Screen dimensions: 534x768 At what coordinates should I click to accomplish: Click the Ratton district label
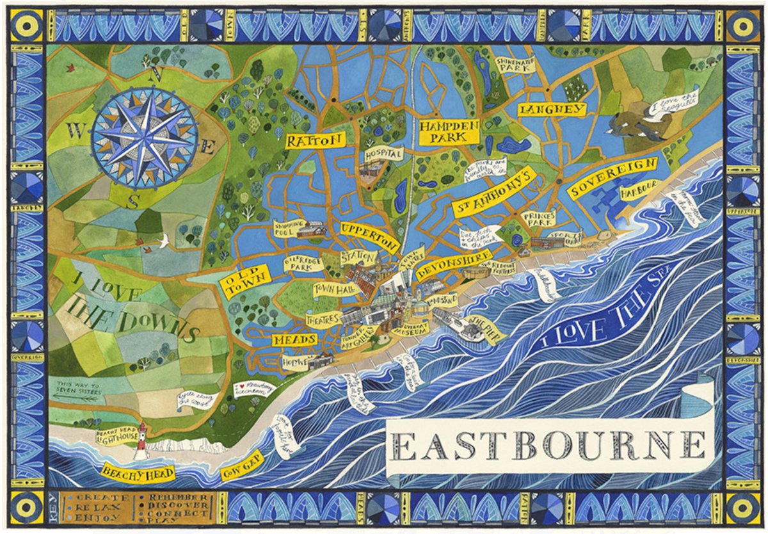click(x=315, y=140)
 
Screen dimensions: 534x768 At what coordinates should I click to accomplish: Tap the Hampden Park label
click(x=449, y=131)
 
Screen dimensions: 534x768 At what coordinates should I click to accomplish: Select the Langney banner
click(x=552, y=110)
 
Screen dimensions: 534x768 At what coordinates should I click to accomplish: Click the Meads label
click(x=294, y=339)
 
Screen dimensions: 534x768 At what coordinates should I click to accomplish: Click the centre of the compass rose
click(x=145, y=138)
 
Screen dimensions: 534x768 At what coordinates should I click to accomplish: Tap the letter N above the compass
click(x=151, y=74)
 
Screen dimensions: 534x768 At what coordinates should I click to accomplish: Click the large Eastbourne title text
click(x=549, y=445)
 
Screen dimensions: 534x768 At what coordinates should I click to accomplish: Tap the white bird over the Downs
click(x=164, y=242)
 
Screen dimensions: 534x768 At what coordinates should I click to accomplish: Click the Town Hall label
click(x=333, y=290)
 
